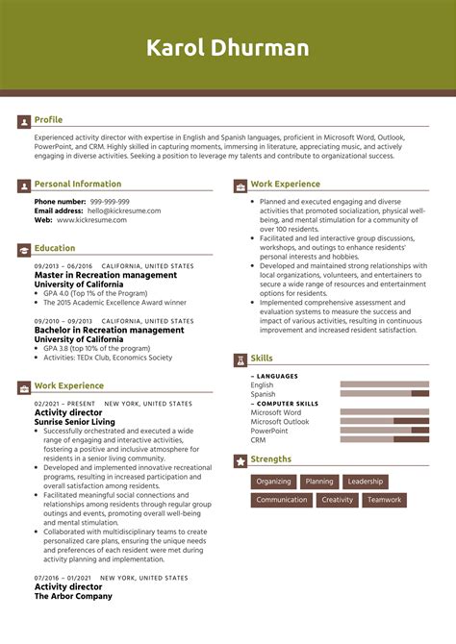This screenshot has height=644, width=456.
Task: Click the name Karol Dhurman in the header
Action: pos(228,48)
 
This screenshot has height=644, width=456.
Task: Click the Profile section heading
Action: pos(48,120)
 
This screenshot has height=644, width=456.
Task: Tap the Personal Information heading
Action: pos(78,184)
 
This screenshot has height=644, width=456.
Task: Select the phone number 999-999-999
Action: pos(110,202)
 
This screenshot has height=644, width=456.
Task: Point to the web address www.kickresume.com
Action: pos(93,219)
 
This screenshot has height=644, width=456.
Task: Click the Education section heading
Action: pos(55,248)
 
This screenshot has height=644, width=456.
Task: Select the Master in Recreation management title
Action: pos(106,275)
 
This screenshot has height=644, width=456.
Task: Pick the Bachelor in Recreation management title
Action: pos(109,330)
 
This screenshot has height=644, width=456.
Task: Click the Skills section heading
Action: pos(262,358)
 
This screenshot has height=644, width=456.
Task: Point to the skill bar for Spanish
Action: pos(385,394)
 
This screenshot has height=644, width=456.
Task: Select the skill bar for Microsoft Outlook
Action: pos(385,421)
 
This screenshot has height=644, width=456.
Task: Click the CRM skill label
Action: pos(258,439)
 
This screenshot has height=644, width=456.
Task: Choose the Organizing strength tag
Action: pos(273,482)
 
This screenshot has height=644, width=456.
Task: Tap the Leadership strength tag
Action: pos(366,482)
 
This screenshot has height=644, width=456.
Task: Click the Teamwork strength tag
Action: pos(384,500)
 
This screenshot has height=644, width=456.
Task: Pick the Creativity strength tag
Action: pos(338,500)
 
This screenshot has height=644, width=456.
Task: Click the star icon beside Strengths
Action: pos(241,460)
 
